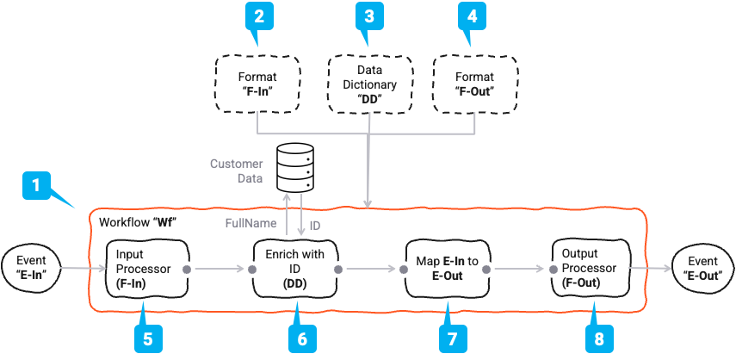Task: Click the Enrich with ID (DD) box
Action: (x=295, y=268)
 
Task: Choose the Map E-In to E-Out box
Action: (x=445, y=269)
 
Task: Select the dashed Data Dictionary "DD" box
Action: (x=368, y=84)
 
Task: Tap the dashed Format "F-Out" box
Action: (x=474, y=84)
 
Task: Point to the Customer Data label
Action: (x=237, y=171)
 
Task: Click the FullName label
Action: (x=251, y=224)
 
